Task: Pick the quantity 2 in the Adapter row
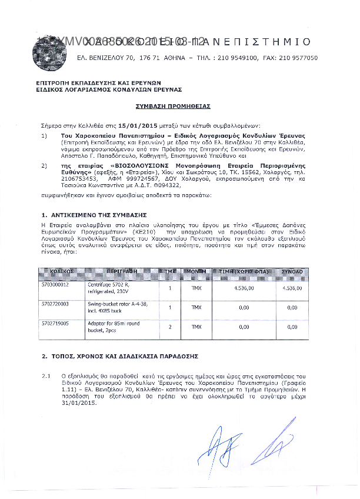(170, 326)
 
